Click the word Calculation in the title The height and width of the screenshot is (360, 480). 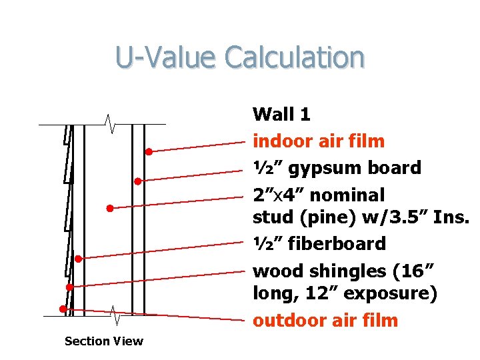[295, 57]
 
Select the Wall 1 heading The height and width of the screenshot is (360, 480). [281, 114]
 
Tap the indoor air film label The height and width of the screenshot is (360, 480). [319, 141]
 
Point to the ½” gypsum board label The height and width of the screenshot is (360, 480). [337, 167]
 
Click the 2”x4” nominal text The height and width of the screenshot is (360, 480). [319, 195]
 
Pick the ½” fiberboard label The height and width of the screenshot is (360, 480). [319, 243]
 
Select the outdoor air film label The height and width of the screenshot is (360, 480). [325, 321]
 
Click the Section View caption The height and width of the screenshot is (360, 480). [103, 341]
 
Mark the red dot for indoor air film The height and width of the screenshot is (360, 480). [149, 152]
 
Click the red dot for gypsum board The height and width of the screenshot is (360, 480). [137, 181]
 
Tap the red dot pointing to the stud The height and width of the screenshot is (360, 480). [110, 208]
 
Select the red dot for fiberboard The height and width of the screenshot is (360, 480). [78, 258]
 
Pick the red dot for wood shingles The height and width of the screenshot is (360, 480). [69, 287]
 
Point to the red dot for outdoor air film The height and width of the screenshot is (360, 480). [62, 309]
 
